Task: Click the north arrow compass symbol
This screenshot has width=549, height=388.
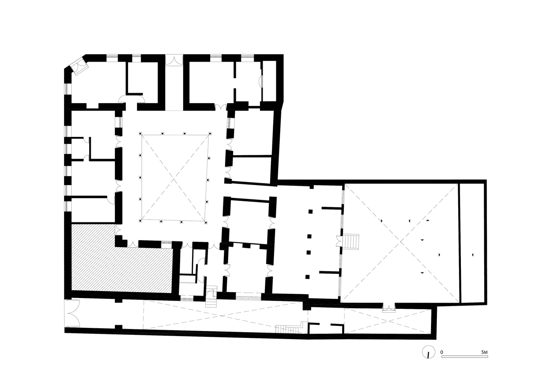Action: (x=428, y=353)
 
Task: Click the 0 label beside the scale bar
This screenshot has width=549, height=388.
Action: (x=442, y=352)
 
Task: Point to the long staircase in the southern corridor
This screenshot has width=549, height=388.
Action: (x=289, y=328)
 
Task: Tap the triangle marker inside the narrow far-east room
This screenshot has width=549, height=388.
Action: (x=473, y=255)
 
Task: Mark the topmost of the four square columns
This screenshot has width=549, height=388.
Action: (x=310, y=211)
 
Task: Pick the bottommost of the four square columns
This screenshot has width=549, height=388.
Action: (x=308, y=277)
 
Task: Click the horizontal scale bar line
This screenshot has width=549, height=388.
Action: (x=464, y=356)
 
